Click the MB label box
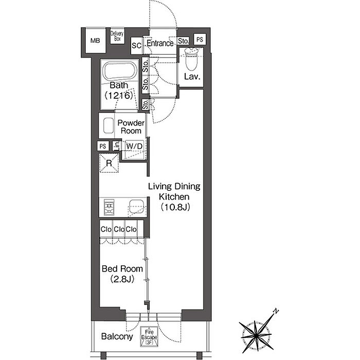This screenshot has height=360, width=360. pyautogui.click(x=95, y=41)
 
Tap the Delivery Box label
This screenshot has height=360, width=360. pyautogui.click(x=117, y=36)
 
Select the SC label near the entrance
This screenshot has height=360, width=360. pyautogui.click(x=136, y=45)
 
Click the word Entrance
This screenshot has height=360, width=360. pyautogui.click(x=160, y=43)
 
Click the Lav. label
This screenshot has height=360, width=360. pyautogui.click(x=192, y=77)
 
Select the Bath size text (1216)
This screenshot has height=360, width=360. pyautogui.click(x=119, y=95)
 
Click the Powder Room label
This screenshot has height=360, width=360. pyautogui.click(x=131, y=127)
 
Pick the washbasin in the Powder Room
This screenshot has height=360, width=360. pyautogui.click(x=109, y=125)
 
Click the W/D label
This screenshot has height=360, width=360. pyautogui.click(x=134, y=146)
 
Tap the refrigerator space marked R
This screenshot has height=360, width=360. pyautogui.click(x=109, y=163)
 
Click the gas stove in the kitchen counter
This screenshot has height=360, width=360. pyautogui.click(x=109, y=207)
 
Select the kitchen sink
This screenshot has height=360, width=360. pyautogui.click(x=136, y=206)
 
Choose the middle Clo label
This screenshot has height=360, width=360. pyautogui.click(x=119, y=229)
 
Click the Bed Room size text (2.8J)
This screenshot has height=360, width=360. pyautogui.click(x=122, y=279)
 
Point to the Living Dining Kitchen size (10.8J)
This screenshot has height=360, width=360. pyautogui.click(x=175, y=207)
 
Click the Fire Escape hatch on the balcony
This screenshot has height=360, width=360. pyautogui.click(x=149, y=336)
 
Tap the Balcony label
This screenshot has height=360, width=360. pyautogui.click(x=117, y=336)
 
